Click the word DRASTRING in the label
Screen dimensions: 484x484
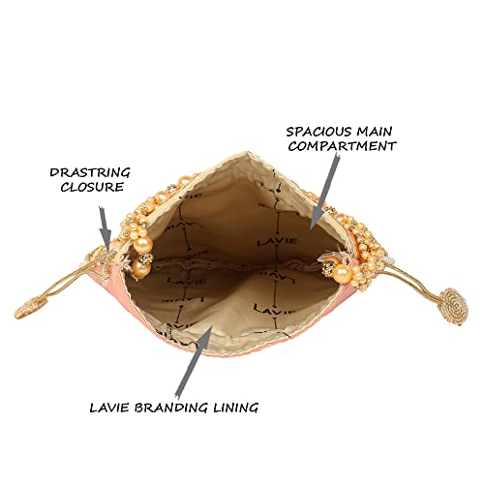click(x=90, y=172)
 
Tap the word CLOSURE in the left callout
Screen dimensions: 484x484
click(x=92, y=187)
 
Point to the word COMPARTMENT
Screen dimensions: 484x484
click(x=343, y=146)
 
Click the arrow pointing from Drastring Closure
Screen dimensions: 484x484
click(x=106, y=227)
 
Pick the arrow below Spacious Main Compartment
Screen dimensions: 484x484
click(x=325, y=192)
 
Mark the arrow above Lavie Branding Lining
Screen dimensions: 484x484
click(x=195, y=361)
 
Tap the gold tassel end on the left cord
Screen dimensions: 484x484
click(x=31, y=309)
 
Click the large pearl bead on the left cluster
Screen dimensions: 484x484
click(x=142, y=244)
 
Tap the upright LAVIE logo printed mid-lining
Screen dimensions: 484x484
click(x=277, y=241)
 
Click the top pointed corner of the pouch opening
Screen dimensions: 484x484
click(x=249, y=152)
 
